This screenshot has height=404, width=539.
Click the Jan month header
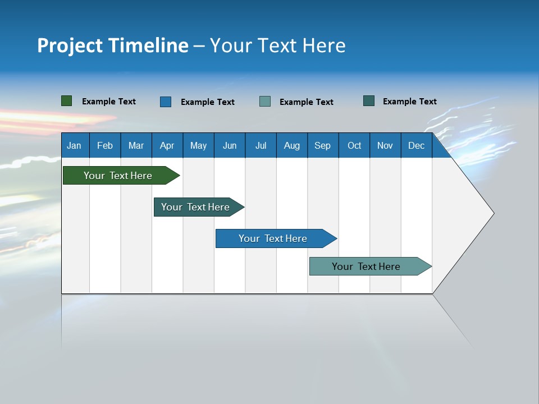coord(75,145)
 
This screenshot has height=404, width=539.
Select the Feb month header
coord(105,145)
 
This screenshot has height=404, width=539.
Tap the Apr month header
coord(167,145)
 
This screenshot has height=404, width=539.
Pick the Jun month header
coord(230,145)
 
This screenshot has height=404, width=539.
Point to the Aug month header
coord(291,145)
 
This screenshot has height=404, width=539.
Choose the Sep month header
coord(322,145)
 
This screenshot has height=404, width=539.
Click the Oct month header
coord(354,145)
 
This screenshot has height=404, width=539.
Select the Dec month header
coord(416,145)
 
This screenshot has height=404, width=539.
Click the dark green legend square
coord(67,101)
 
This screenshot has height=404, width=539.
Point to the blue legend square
coord(166,102)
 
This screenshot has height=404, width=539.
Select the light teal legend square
coord(265,101)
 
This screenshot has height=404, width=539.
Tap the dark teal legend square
coord(369,101)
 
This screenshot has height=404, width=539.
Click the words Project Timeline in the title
coord(113,45)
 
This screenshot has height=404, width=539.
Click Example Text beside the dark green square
coord(109,102)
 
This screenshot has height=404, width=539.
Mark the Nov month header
coord(385,145)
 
